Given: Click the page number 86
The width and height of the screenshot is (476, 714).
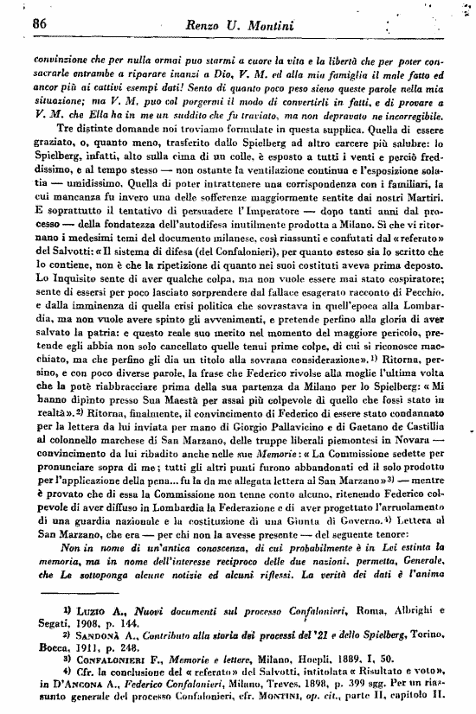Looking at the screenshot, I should point(37,24).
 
